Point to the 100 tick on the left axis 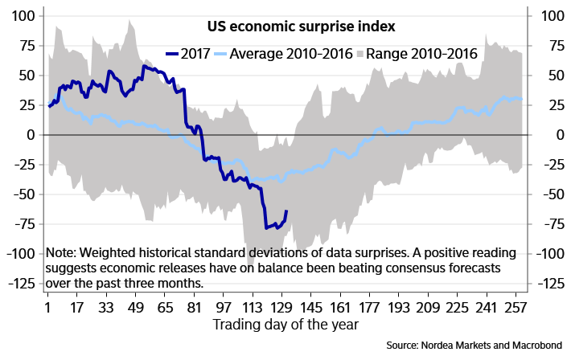pos(23,16)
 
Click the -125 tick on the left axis pos(20,284)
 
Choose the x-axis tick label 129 pos(281,309)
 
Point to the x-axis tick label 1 pos(48,309)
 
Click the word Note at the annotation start pos(63,252)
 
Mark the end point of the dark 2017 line pos(287,211)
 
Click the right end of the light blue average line pos(522,99)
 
